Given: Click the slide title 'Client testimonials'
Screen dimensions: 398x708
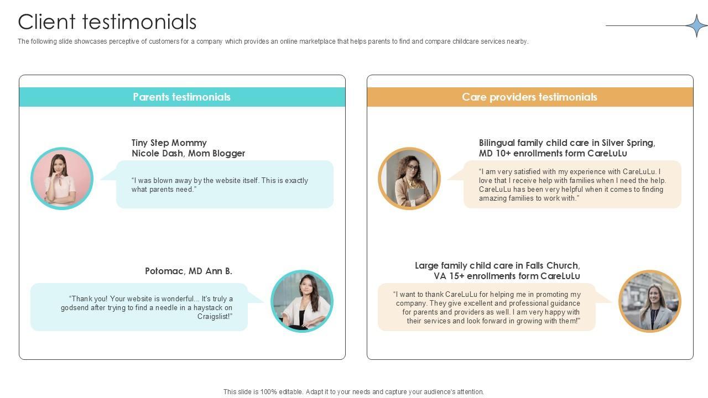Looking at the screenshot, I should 107,22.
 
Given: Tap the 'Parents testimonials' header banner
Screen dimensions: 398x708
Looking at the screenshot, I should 181,97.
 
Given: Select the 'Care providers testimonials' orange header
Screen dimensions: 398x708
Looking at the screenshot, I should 529,97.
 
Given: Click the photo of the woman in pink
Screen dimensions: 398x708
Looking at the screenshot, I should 62,179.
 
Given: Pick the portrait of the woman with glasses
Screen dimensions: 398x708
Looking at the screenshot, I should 409,179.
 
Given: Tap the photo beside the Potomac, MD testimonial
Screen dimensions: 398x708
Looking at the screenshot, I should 302,301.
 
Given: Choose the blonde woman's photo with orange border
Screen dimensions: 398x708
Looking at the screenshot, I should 649,301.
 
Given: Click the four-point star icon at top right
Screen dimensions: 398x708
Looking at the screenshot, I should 696,25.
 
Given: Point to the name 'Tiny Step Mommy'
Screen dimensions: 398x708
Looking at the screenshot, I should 169,143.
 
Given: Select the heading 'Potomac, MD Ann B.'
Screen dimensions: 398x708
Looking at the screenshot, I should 189,271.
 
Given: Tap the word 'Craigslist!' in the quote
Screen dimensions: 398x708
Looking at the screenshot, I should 215,317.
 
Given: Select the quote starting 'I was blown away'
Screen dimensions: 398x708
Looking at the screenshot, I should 220,185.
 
